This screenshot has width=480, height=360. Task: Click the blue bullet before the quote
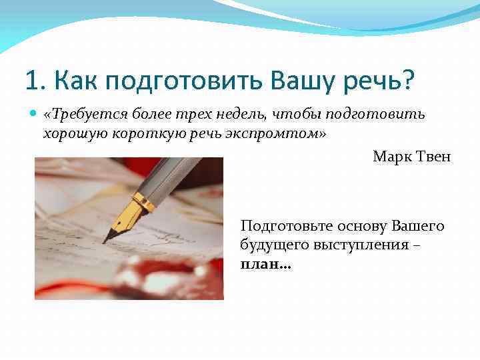point(34,115)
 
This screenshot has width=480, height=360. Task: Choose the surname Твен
point(434,157)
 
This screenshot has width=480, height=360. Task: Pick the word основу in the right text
point(367,227)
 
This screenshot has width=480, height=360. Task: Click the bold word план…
point(266,263)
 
